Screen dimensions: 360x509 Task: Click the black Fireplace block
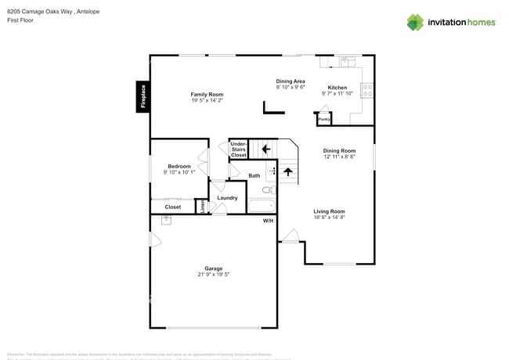pos(143,97)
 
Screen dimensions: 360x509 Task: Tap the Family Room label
pos(207,94)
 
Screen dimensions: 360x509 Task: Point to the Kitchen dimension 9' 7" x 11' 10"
pos(338,94)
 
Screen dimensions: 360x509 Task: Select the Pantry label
pos(323,119)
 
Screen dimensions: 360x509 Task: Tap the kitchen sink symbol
pos(347,61)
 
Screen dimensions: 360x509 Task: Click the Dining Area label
pos(291,81)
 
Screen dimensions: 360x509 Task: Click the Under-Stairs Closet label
pos(238,149)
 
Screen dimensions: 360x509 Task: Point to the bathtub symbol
pos(261,207)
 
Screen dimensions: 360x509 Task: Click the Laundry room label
pos(227,198)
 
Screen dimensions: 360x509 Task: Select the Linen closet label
pos(202,207)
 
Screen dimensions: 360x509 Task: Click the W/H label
pos(268,221)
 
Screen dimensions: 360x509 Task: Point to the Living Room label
pos(329,211)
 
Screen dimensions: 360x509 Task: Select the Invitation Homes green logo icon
pos(415,23)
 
